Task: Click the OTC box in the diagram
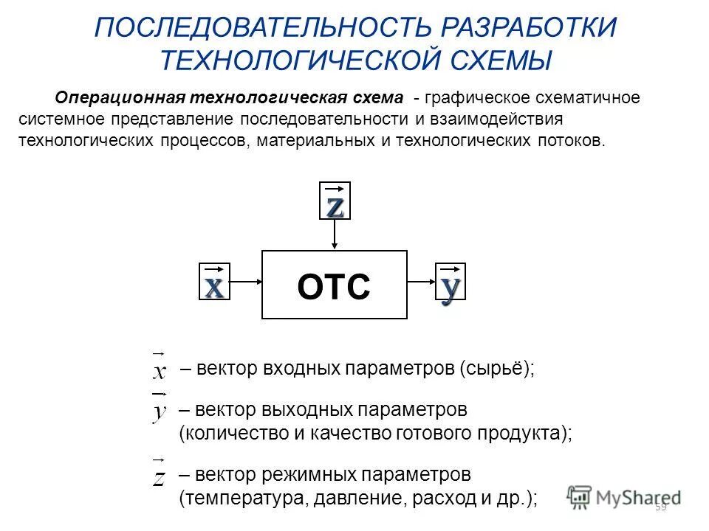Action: click(335, 285)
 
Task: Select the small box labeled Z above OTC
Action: click(335, 200)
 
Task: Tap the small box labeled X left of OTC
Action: click(214, 281)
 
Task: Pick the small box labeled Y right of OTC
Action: click(450, 281)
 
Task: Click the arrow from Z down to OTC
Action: click(335, 235)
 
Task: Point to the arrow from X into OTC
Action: click(246, 281)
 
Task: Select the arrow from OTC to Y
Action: click(421, 281)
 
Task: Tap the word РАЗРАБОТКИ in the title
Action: click(529, 28)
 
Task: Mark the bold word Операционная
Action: click(120, 98)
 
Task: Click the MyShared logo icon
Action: click(580, 496)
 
